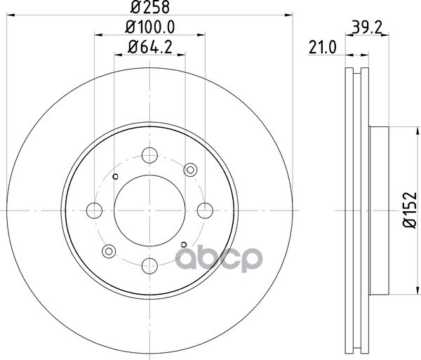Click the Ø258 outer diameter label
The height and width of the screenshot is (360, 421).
coord(150,7)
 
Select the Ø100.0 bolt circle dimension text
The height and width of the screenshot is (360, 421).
coord(150,27)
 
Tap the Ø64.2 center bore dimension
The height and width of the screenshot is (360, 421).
coord(150,47)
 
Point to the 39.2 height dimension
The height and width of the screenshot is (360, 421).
coord(367,27)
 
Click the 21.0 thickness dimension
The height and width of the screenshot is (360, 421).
coord(323,48)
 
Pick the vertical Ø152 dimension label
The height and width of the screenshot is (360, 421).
coord(410,210)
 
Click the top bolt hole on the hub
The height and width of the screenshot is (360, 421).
coord(149,155)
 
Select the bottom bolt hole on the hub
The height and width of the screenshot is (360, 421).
coord(149,265)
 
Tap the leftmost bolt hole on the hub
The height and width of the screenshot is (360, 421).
coord(94,211)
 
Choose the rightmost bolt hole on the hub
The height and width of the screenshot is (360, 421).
coord(205,211)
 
